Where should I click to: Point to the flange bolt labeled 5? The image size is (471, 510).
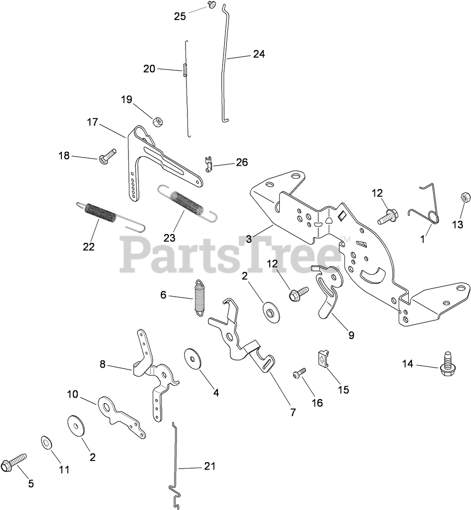click(x=11, y=463)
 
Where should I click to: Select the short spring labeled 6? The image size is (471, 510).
click(x=199, y=297)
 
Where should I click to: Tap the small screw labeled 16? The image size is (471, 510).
click(x=297, y=374)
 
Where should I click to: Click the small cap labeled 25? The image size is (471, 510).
click(x=210, y=4)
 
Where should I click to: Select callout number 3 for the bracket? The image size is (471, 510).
click(x=249, y=237)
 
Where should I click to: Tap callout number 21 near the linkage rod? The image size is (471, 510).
click(x=210, y=466)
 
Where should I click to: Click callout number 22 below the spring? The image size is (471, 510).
click(x=88, y=247)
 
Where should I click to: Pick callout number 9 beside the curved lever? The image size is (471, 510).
click(x=351, y=335)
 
